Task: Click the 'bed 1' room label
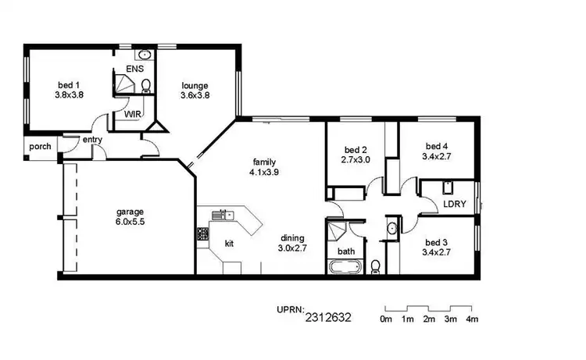point(70,84)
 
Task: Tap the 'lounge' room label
point(195,84)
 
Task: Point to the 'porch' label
point(40,146)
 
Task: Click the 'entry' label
point(92,140)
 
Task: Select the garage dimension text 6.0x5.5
point(130,222)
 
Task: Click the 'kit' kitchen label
point(230,244)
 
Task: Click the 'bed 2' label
point(356,150)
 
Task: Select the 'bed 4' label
point(437,145)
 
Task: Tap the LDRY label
point(455,204)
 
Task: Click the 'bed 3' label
point(437,241)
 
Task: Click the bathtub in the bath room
point(345,267)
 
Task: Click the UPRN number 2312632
point(328,317)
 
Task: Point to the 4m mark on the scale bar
point(472,319)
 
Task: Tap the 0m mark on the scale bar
point(386,319)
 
